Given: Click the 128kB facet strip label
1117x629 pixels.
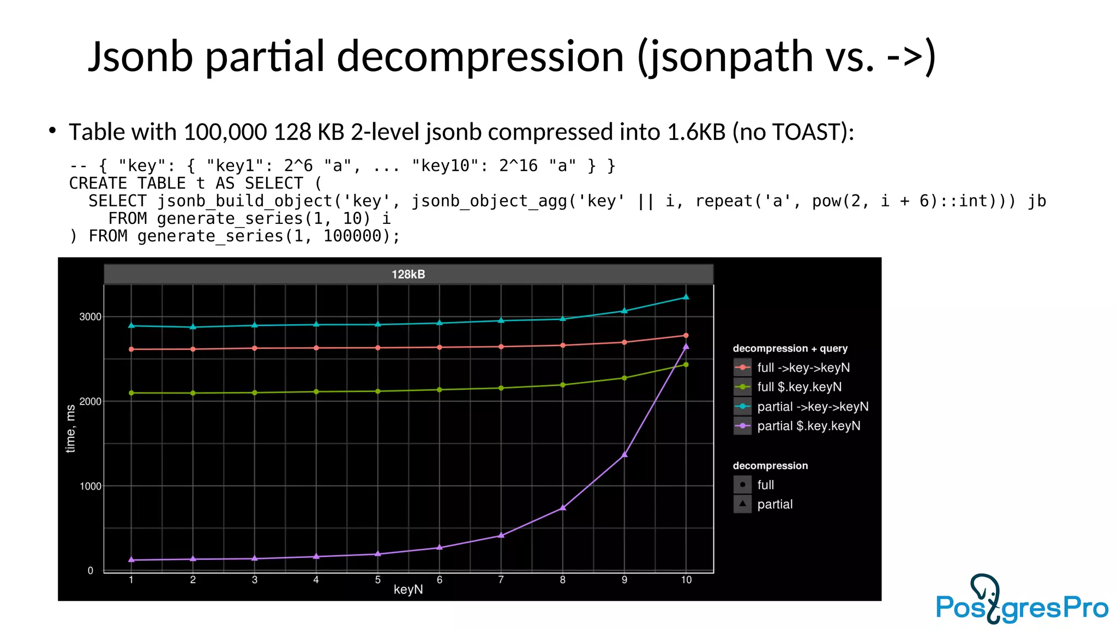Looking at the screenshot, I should click(408, 274).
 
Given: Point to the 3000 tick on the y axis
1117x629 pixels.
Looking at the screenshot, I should click(90, 317).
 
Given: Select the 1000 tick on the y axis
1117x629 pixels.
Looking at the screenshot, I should click(90, 486).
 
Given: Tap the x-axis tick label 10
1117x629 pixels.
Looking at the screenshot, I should click(686, 580).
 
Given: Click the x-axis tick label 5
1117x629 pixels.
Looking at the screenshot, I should click(377, 580).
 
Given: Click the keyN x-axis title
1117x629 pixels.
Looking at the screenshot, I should click(408, 590).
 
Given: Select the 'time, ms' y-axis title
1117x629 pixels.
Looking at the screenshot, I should click(70, 429).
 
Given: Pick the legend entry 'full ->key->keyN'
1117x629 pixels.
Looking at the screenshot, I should click(803, 367).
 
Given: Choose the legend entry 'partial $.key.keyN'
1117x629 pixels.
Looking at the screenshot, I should click(808, 426).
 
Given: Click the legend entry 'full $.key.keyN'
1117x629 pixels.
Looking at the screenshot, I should click(799, 387).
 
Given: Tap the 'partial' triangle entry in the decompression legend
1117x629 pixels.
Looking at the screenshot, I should click(774, 504).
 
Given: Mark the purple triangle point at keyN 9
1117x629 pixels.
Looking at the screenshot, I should click(624, 454).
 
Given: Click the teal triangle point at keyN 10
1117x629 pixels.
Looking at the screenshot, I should click(686, 297).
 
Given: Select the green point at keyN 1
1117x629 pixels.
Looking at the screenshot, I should click(131, 393).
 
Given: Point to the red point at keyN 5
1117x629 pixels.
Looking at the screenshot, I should click(378, 348).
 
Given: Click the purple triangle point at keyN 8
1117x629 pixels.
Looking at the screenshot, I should click(563, 508).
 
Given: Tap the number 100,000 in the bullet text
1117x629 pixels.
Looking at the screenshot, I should click(225, 132).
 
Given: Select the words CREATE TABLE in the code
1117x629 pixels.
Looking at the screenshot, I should click(127, 183).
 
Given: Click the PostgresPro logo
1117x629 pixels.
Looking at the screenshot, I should click(1021, 601).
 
